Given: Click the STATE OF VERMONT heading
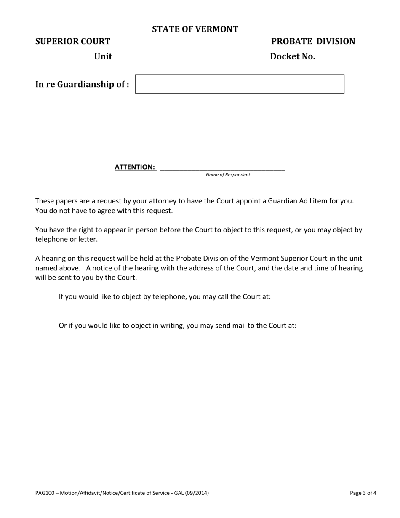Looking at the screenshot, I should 195,29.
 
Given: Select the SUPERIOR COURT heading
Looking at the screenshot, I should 72,41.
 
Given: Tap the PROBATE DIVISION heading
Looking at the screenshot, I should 313,41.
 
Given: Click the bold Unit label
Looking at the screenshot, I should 103,56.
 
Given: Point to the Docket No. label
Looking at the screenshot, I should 292,56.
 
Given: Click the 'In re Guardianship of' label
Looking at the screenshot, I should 82,84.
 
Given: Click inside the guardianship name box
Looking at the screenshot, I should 240,84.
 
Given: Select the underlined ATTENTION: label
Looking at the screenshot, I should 135,167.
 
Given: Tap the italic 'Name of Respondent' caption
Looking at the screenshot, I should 228,175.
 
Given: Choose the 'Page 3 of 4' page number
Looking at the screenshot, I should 363,493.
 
